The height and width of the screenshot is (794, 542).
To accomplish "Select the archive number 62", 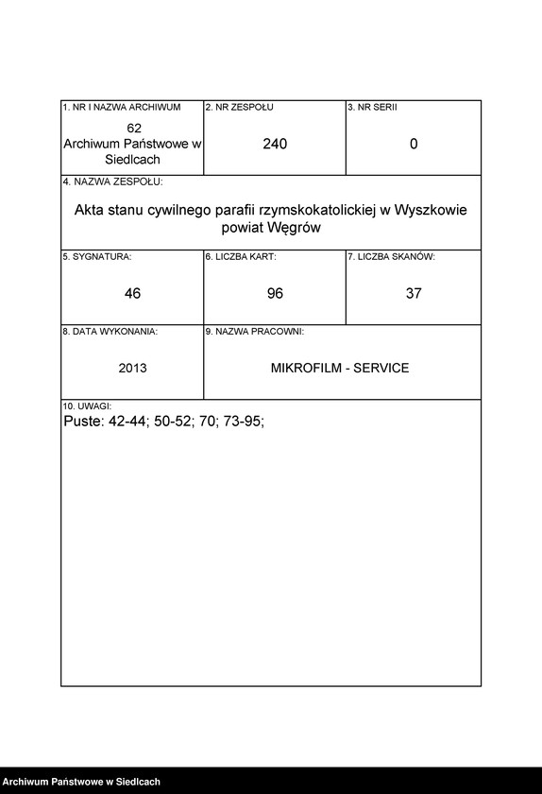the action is point(133,128).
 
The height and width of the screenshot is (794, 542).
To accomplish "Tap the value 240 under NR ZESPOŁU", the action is point(275,144).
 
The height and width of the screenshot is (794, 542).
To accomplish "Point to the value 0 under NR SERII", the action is point(414,144).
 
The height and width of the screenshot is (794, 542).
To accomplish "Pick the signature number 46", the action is point(132,293).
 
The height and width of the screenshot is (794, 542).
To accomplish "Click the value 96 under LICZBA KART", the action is point(275,293).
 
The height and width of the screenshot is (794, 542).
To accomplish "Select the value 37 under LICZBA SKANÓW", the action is point(414,293).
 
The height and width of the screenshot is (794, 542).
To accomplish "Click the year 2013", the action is point(132,368).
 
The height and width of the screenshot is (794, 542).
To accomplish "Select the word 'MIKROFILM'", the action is point(300,368).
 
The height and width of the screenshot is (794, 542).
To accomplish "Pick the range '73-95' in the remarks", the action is point(243,422).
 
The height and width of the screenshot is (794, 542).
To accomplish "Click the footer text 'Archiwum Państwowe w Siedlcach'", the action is point(81,782).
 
